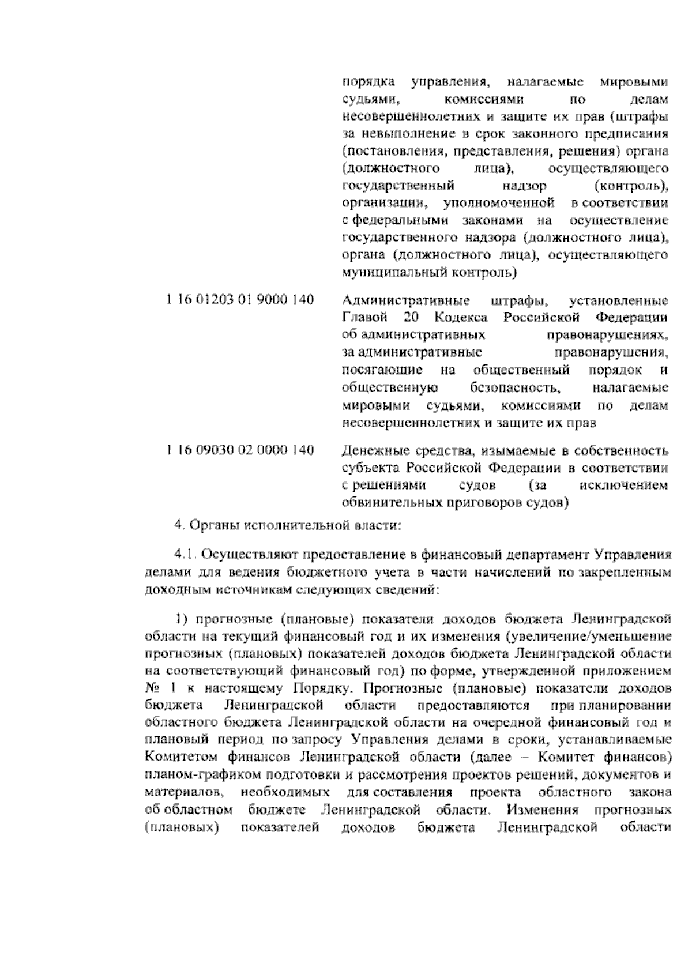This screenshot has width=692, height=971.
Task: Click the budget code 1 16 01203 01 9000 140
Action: pos(240,300)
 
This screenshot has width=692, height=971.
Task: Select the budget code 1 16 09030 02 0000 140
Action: pos(240,450)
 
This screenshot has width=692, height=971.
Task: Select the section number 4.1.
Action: pos(185,555)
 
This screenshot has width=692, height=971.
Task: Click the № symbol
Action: pos(151,688)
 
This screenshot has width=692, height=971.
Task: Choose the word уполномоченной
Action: pos(499,203)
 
